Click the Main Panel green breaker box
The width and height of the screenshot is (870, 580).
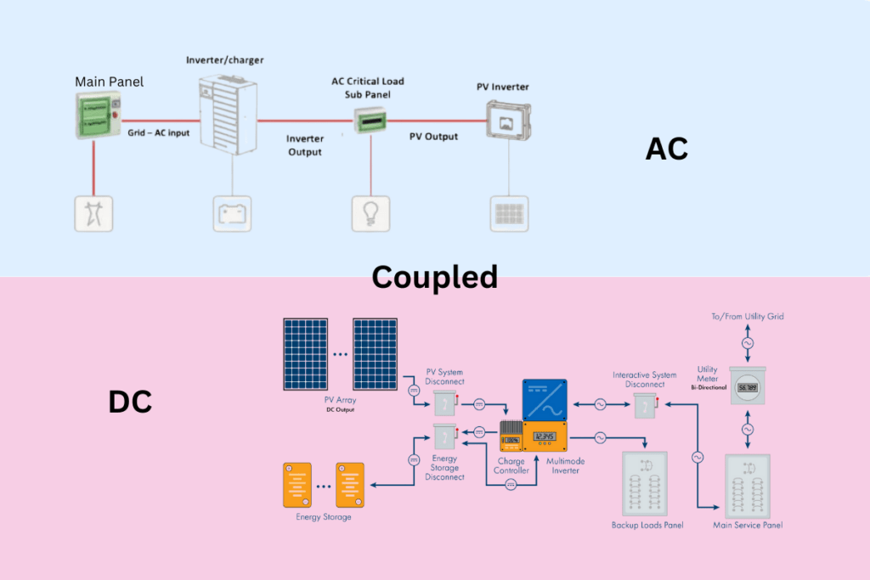point(94,115)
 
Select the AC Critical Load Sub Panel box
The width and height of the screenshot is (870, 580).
point(370,121)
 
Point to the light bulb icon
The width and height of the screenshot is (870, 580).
point(370,213)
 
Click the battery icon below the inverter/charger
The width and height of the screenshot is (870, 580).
point(232,213)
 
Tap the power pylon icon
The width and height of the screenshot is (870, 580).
point(94,213)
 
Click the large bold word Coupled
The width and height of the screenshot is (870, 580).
point(434,277)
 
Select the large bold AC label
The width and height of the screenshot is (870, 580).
point(666,149)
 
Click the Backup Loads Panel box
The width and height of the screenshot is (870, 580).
point(647,484)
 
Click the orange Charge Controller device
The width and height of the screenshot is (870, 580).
point(511,437)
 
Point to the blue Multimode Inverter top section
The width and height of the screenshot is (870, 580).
point(545,400)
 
